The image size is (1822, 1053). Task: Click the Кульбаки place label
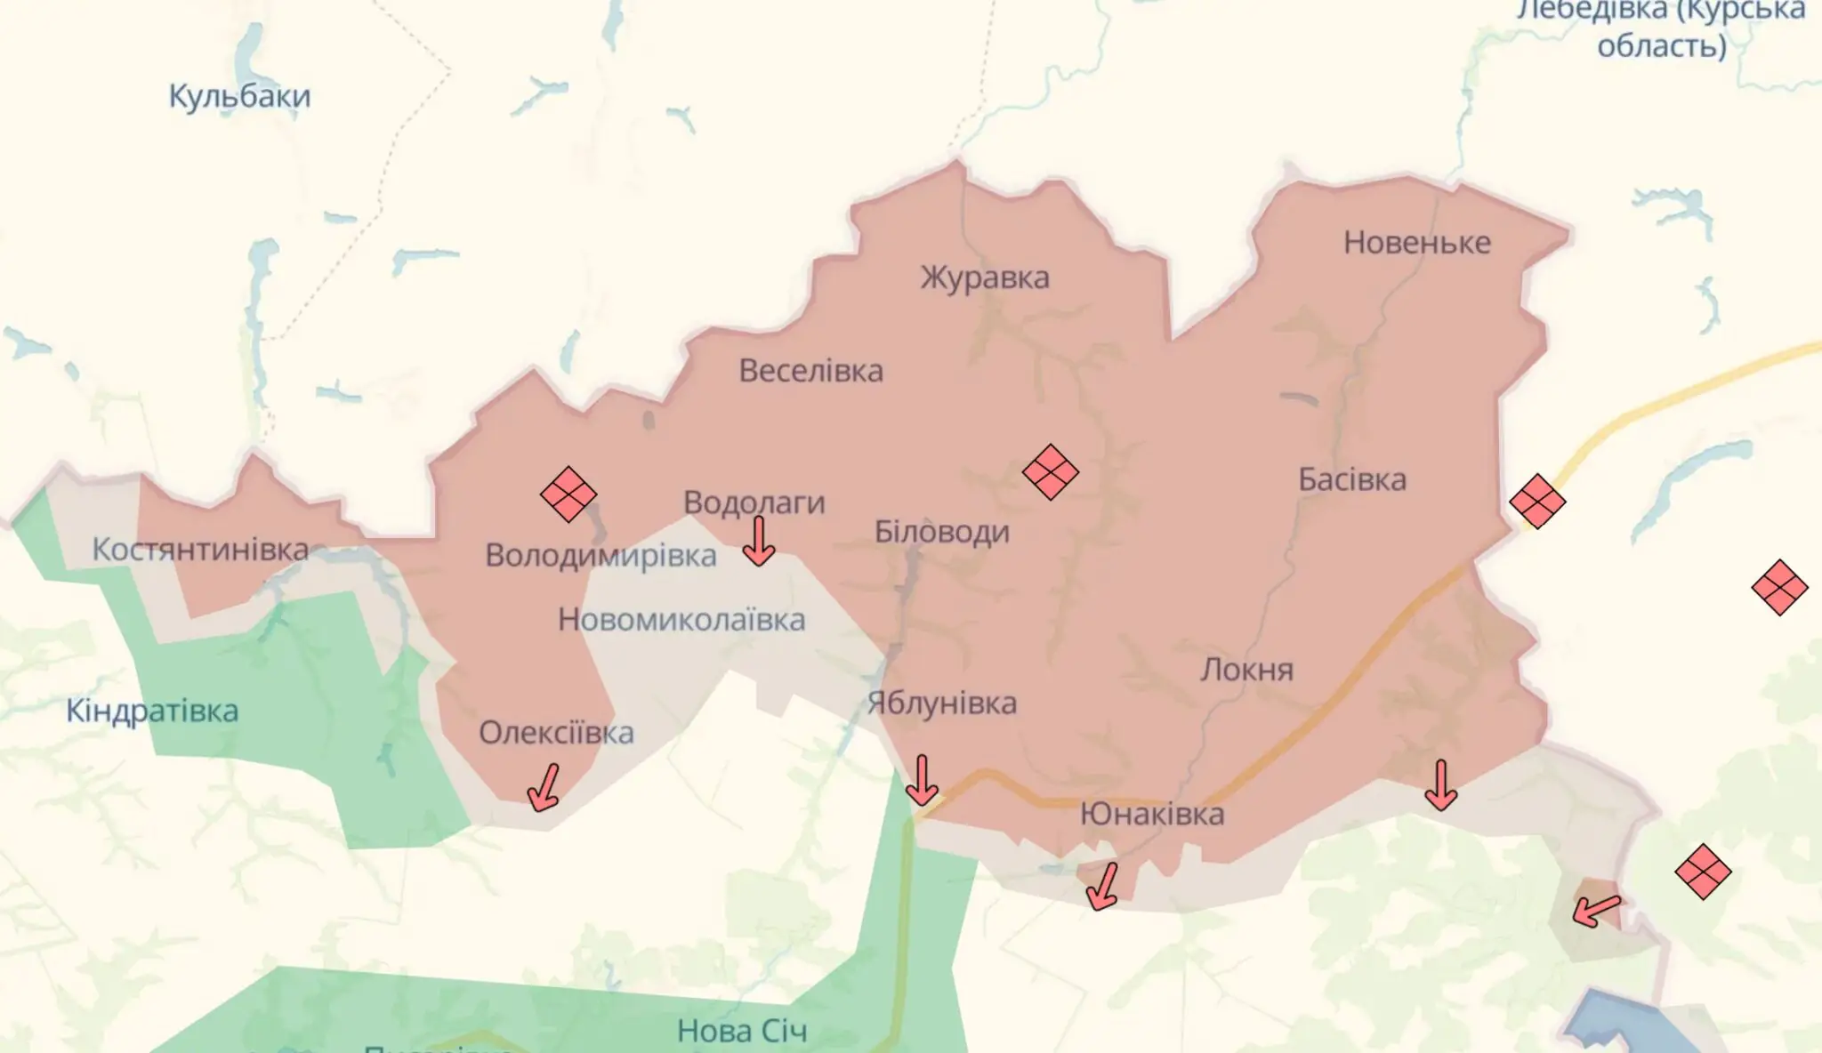(x=239, y=96)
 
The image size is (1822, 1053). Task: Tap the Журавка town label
(x=985, y=277)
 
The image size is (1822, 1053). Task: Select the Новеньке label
(x=1416, y=243)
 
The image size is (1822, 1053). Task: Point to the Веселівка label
(x=810, y=371)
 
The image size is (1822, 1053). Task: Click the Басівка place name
(x=1352, y=480)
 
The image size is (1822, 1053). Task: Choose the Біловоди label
(x=942, y=532)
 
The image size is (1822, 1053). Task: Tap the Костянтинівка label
(x=200, y=550)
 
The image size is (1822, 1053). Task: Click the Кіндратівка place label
(x=152, y=711)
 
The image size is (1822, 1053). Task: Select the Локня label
(x=1246, y=670)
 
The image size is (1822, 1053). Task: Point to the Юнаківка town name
(x=1152, y=814)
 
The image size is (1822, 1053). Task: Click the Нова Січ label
(x=742, y=1031)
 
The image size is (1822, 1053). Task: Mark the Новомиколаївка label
(x=681, y=620)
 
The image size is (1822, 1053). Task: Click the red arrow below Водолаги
(x=758, y=542)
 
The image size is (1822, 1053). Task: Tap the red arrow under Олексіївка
(x=544, y=787)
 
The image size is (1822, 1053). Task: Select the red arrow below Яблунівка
(x=922, y=780)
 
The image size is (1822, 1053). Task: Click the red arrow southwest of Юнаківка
(x=1103, y=886)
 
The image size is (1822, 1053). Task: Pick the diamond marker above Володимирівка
(x=568, y=494)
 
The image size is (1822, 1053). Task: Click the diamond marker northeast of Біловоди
(x=1051, y=471)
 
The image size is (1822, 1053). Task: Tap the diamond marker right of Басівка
(x=1537, y=502)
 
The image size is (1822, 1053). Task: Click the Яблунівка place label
(x=942, y=703)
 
